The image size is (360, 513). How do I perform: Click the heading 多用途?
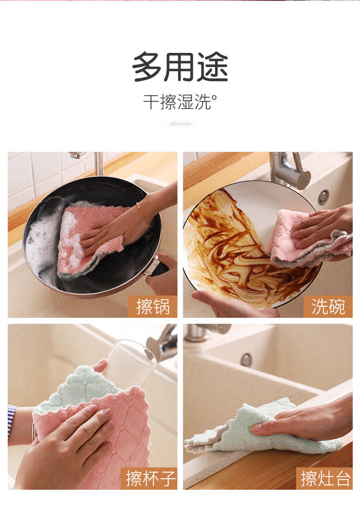(180, 67)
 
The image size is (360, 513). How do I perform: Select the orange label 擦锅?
(153, 306)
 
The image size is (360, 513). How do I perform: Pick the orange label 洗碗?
(328, 306)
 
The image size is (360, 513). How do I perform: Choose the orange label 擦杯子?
(149, 478)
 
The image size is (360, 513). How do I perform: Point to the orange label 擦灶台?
(325, 478)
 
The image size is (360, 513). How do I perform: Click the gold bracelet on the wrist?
(144, 214)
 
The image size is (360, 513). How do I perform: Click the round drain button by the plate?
(324, 197)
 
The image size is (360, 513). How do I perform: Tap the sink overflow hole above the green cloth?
(246, 360)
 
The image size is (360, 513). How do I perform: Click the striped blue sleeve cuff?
(12, 420)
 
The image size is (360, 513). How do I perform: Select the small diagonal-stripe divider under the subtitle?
(180, 124)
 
